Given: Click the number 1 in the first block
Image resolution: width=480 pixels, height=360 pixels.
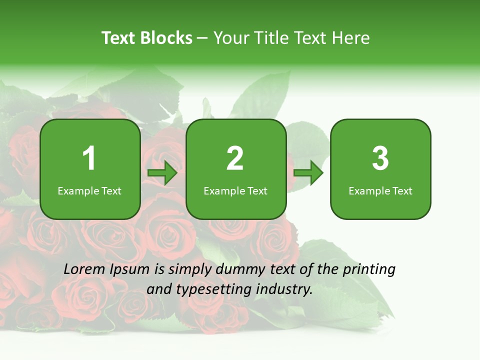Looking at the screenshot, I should click(x=89, y=158).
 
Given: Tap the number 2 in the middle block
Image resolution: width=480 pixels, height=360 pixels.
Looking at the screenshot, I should click(x=235, y=158).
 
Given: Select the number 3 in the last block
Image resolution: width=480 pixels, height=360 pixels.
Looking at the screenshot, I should click(x=380, y=158).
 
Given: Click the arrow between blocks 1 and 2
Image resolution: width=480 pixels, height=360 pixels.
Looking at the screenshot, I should click(x=162, y=173).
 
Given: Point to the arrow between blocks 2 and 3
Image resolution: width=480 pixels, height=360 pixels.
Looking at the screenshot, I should click(x=308, y=173).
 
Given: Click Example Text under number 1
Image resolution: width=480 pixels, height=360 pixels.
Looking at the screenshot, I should click(x=89, y=191).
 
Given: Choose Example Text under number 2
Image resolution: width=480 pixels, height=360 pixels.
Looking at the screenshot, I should click(x=235, y=191).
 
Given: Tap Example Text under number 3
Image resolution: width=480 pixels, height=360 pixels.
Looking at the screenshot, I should click(x=380, y=191).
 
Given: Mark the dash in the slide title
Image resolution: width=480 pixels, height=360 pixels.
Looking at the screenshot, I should click(x=202, y=38).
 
